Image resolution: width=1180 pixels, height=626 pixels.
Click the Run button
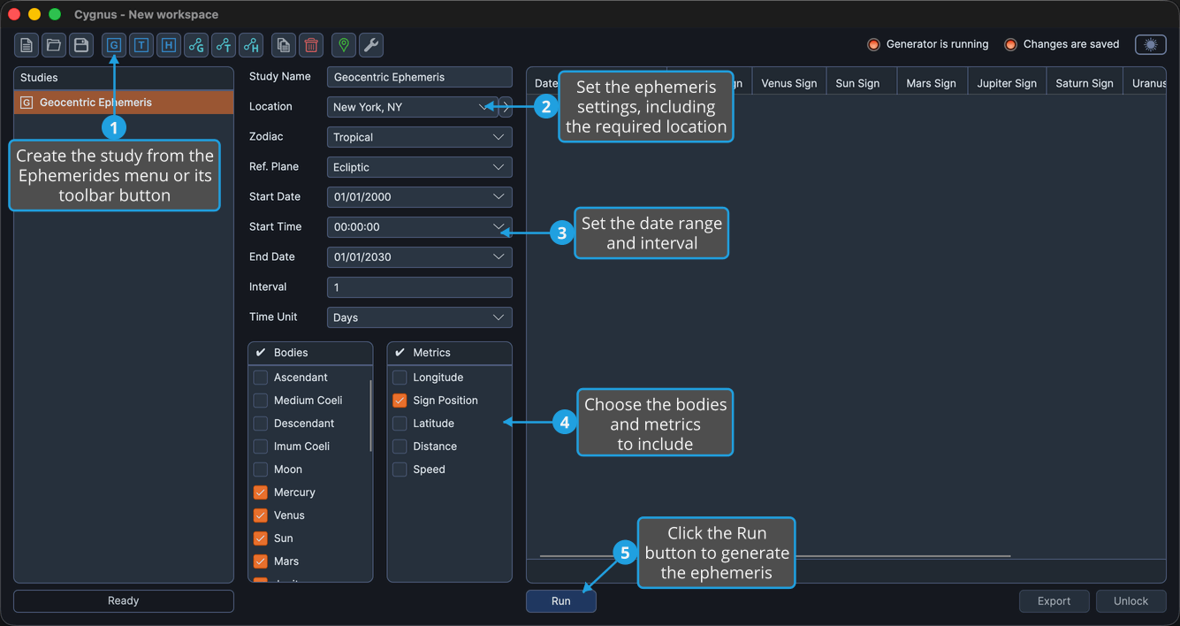[560, 600]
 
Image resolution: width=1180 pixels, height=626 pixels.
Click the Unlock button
[1131, 600]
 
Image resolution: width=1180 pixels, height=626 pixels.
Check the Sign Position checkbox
[400, 401]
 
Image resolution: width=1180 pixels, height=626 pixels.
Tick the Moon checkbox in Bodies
[260, 469]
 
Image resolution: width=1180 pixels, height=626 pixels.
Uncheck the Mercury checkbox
[260, 492]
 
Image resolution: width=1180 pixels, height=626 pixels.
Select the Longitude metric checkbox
[400, 378]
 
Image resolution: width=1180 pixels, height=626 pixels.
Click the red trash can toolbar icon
[311, 45]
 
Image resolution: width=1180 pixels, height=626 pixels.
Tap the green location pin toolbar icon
[344, 45]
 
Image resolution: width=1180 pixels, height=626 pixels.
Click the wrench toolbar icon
[371, 45]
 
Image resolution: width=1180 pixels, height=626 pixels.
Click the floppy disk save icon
[81, 45]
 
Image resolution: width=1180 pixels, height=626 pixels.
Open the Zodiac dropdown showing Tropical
[419, 137]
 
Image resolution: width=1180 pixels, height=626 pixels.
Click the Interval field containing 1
[419, 287]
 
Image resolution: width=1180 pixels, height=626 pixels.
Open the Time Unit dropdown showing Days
[419, 317]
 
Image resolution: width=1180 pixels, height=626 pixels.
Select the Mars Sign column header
[931, 83]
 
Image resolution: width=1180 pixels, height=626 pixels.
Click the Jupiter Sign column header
[1007, 83]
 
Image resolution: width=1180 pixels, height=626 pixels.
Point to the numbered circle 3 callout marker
[561, 233]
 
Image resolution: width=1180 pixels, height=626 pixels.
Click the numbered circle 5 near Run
[625, 553]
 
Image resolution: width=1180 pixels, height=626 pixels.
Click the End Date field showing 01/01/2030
[419, 257]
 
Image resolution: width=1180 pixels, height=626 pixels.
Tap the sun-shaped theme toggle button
[1151, 44]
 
